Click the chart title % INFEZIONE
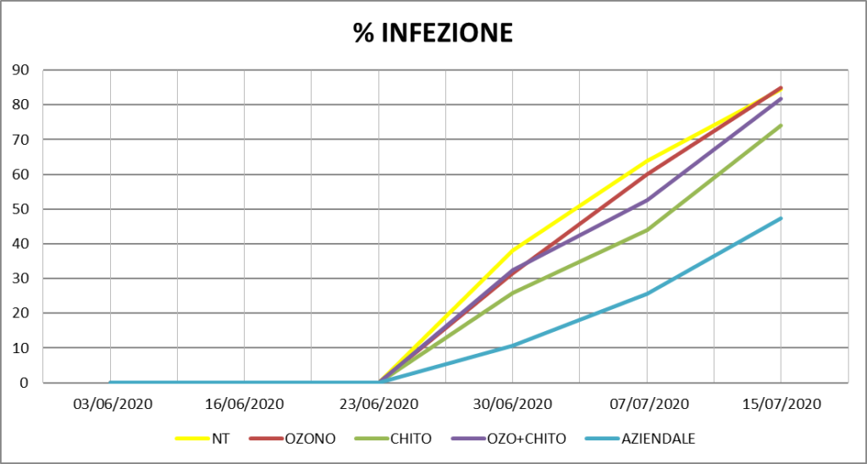point(433,33)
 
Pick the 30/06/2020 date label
point(513,404)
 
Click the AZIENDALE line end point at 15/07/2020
point(781,218)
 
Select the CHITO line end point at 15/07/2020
point(781,125)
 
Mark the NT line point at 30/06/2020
point(513,251)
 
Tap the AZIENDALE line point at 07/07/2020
point(647,294)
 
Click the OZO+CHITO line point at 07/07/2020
point(647,201)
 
